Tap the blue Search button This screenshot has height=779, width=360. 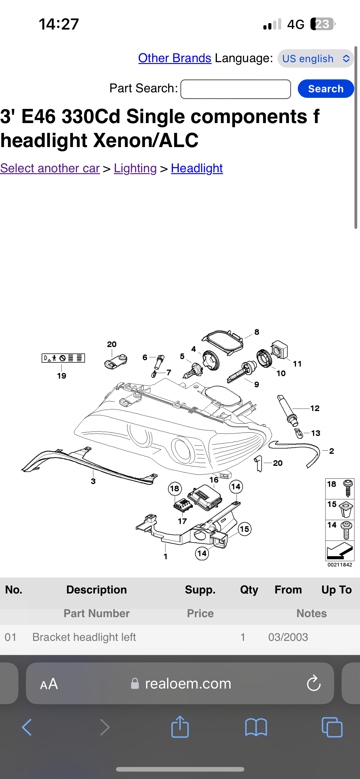point(326,89)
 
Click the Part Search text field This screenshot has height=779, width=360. point(235,89)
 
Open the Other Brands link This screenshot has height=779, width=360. point(174,58)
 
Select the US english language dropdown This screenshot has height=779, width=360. point(315,58)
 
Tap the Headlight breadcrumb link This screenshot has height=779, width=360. point(197,168)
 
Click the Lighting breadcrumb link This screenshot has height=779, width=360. point(135,168)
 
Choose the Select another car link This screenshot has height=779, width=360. point(50,168)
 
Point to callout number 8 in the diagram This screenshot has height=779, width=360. point(257,332)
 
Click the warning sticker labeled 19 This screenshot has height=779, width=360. point(63,358)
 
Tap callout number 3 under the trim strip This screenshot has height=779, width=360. point(93,481)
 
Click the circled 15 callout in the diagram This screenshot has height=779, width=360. point(245,529)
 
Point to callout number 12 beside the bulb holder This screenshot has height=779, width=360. point(315,408)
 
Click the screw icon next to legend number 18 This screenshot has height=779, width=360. point(348,488)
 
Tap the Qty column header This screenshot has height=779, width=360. point(249,590)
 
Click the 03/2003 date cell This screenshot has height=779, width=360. point(288,637)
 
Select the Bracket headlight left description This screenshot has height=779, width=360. point(84,637)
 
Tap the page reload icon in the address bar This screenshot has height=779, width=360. point(314,684)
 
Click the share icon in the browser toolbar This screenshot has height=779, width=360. point(180,727)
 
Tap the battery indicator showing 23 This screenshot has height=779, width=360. point(322,24)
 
